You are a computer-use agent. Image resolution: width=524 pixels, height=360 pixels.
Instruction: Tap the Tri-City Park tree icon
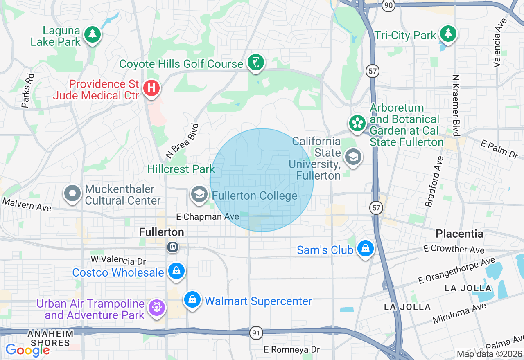448,34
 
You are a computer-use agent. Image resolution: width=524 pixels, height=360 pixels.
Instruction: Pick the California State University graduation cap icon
353,157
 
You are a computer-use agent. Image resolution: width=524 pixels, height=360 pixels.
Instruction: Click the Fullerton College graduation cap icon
199,195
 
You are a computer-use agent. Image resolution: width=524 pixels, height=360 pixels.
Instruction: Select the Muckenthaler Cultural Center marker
72,194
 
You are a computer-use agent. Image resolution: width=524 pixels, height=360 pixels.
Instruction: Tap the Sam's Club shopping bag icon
365,248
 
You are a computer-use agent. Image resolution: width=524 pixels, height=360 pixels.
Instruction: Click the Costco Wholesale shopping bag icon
176,272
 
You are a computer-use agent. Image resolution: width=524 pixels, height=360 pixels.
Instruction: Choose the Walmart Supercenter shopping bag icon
192,301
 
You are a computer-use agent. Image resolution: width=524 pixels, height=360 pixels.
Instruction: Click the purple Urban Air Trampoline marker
156,307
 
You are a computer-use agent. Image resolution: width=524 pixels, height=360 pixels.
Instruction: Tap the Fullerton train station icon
173,247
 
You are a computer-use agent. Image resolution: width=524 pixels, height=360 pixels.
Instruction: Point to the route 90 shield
388,5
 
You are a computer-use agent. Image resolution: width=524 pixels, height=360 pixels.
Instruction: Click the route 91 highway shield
256,333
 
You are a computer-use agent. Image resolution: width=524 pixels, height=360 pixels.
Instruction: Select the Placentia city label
459,234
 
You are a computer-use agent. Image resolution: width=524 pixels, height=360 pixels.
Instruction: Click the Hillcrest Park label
181,169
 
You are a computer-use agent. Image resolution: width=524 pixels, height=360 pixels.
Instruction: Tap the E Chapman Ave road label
208,216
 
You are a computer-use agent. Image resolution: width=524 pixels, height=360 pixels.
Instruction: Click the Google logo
27,350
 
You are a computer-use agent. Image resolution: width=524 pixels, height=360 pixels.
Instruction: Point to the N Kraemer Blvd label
456,106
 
